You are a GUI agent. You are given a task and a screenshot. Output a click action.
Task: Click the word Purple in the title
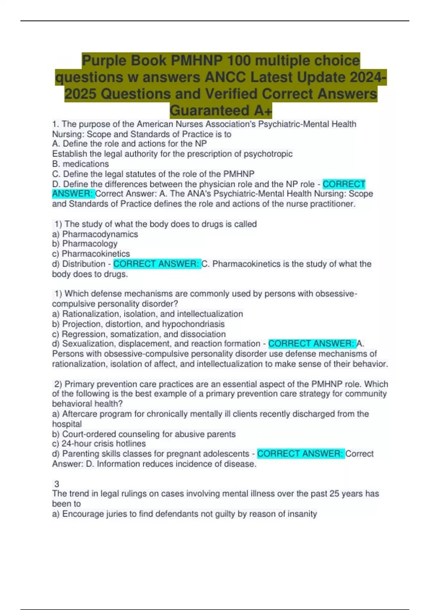tap(104, 61)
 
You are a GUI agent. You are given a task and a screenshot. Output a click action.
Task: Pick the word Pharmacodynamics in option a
tap(100, 234)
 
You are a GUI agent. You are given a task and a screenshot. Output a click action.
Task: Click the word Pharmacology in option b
tap(90, 244)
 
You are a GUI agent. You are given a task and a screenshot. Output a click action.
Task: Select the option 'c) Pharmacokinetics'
tap(91, 254)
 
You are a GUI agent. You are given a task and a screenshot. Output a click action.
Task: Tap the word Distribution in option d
tap(83, 264)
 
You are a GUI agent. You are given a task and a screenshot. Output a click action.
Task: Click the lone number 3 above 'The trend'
tap(57, 484)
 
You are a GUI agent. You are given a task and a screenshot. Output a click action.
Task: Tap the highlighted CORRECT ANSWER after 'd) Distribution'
tap(156, 264)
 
